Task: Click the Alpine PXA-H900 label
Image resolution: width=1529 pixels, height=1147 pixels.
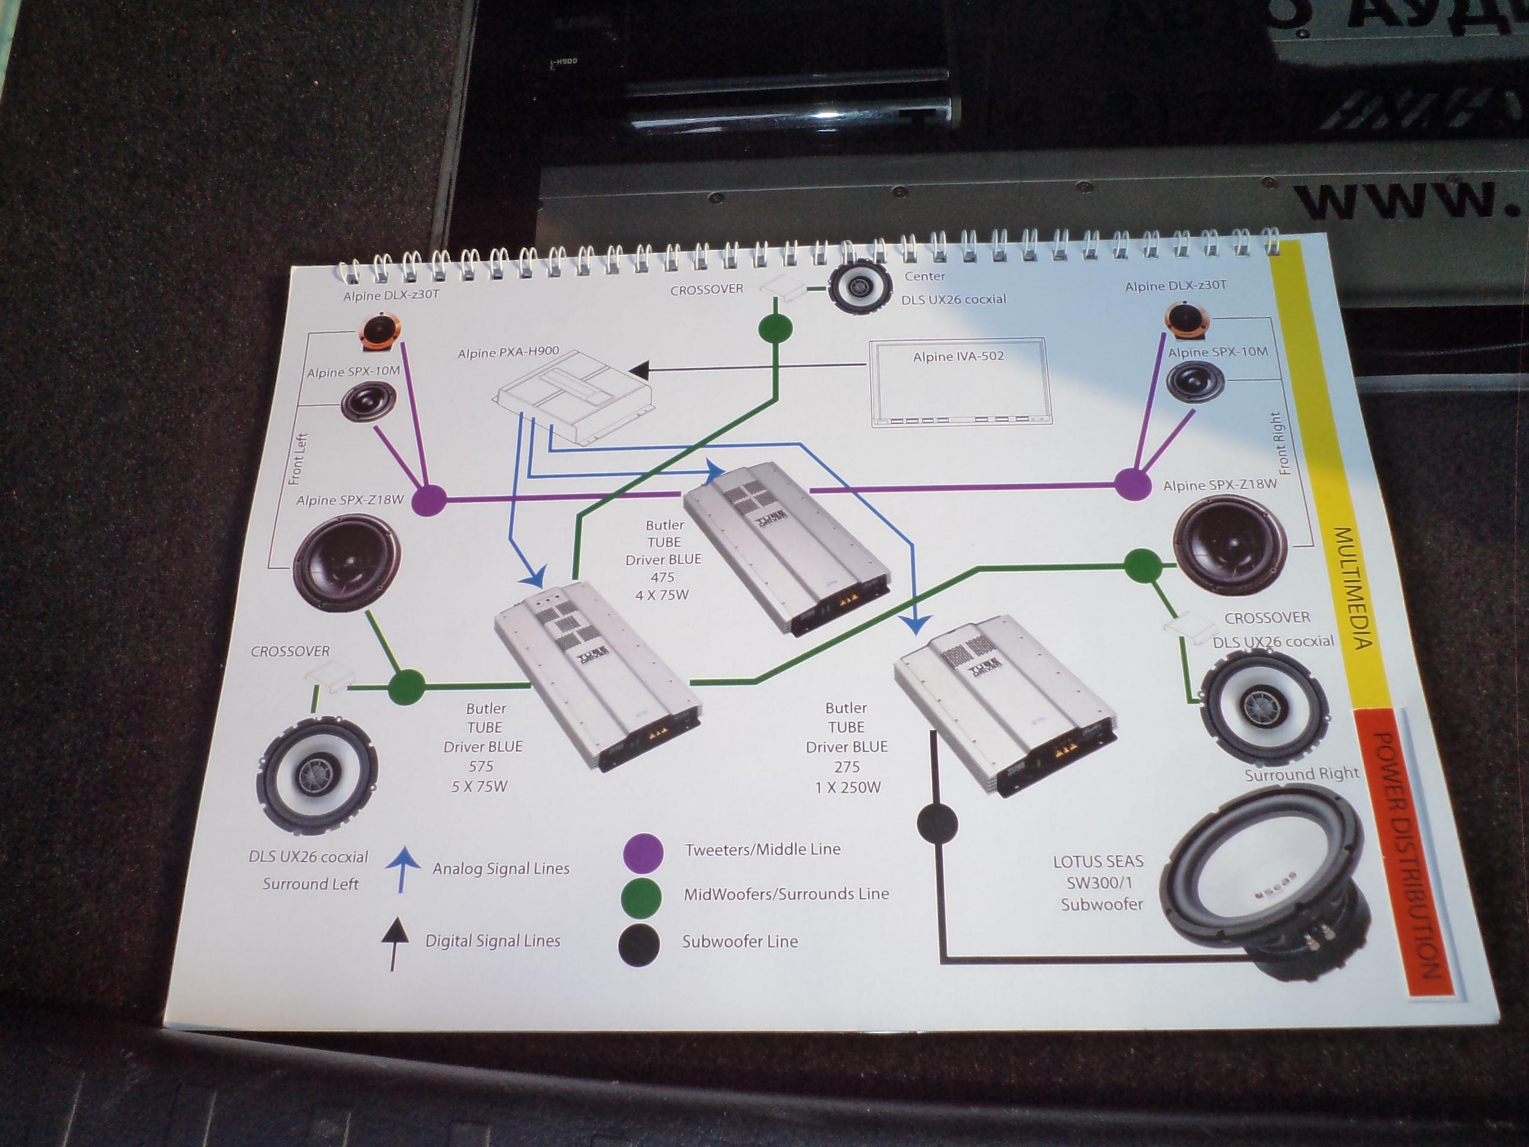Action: (x=508, y=352)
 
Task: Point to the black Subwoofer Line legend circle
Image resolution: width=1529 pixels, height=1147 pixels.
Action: (x=639, y=944)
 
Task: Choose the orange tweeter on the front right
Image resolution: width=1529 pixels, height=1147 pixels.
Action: (x=1187, y=321)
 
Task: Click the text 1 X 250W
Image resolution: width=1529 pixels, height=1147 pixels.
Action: (x=847, y=787)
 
